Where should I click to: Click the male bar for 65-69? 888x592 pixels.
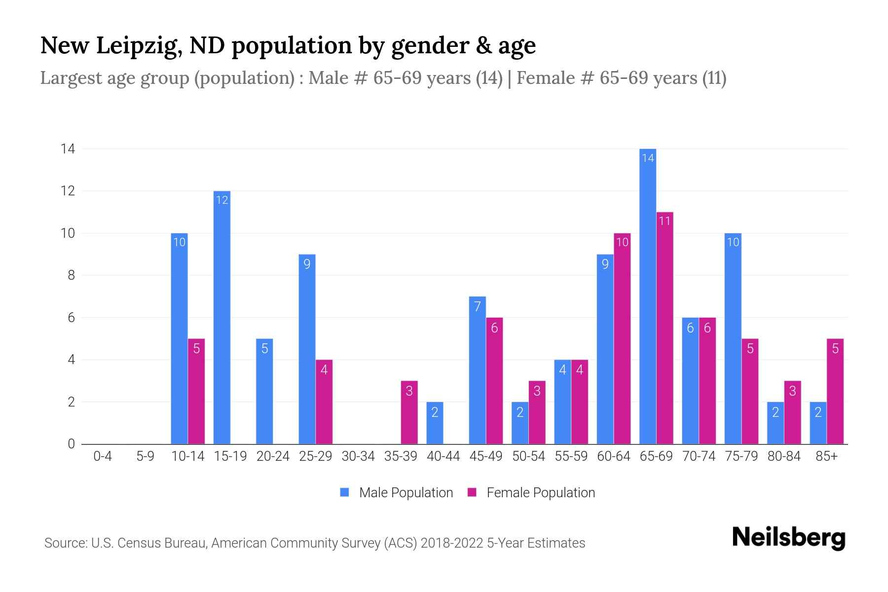(647, 296)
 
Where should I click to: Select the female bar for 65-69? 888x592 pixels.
(665, 328)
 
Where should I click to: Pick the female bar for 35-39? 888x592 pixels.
(409, 412)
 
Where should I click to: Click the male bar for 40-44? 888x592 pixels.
(435, 423)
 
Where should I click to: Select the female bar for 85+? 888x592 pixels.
(835, 391)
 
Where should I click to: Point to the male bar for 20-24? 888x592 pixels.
(264, 391)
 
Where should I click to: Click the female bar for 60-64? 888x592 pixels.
(622, 338)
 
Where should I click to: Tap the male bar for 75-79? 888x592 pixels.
(733, 338)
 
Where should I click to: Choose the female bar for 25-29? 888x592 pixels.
(324, 402)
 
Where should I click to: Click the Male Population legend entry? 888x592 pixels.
(396, 492)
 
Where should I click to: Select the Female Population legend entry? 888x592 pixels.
(531, 492)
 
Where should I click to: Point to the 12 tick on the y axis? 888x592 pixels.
(68, 191)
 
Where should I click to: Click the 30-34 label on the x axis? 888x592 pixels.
(358, 456)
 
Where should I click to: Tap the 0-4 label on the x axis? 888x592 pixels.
(103, 456)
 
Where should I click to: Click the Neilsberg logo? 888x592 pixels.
(788, 537)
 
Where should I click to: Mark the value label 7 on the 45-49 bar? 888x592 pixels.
(477, 307)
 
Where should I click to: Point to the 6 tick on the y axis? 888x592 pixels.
(72, 318)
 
